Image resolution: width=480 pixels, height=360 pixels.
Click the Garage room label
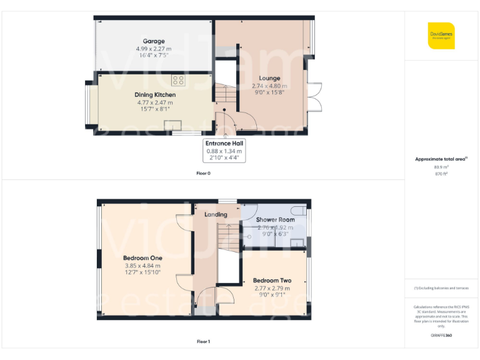154,41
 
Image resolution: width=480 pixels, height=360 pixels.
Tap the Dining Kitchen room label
154,95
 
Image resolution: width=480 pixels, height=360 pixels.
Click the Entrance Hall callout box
225,150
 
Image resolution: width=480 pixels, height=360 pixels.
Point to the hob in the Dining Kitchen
178,80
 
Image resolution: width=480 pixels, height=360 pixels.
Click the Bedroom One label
142,258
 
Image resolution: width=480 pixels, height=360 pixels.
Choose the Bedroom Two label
272,281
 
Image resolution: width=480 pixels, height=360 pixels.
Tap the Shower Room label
275,219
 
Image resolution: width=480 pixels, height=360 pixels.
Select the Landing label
216,214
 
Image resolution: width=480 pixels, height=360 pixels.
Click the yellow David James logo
441,36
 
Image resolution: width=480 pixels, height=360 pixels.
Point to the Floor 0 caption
204,173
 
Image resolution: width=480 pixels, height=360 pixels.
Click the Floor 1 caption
204,342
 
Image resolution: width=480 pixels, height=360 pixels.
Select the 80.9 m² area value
441,167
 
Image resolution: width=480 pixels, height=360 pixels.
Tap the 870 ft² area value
441,174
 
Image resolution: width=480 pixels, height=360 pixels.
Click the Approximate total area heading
441,159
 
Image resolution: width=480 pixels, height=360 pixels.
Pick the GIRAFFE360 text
441,336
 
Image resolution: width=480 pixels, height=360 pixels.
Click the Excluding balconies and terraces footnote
441,288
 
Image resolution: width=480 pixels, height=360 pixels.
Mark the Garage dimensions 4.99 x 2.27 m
154,49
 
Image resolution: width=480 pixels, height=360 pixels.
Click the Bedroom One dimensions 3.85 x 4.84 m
142,266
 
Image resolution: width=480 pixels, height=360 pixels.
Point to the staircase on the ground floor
226,96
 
